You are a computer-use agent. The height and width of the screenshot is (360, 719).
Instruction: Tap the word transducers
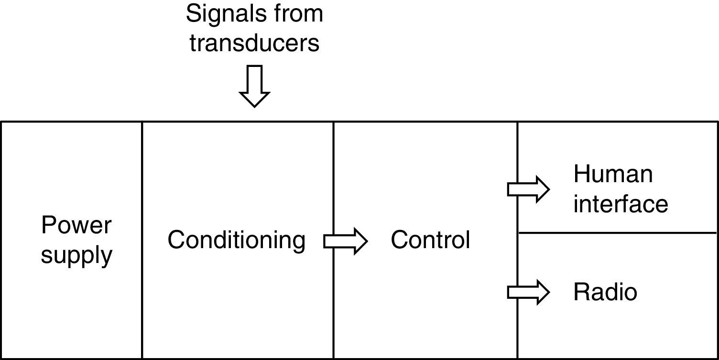(254, 43)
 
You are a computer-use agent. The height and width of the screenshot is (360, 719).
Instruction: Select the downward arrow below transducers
(254, 86)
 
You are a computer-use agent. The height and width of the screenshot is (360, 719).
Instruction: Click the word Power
(76, 225)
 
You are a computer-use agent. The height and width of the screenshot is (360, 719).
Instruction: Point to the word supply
(76, 255)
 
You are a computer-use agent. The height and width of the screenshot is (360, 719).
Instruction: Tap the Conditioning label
(236, 240)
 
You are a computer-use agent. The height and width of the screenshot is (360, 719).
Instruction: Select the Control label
(430, 240)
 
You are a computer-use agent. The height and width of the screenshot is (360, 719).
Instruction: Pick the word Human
(613, 174)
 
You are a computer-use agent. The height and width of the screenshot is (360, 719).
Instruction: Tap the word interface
(621, 204)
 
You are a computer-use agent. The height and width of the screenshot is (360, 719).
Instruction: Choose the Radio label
(605, 292)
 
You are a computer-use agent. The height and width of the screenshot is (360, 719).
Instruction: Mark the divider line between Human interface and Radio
(617, 233)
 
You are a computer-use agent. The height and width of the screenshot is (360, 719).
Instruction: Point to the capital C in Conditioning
(176, 240)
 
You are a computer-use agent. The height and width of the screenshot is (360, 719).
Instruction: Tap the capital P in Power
(48, 225)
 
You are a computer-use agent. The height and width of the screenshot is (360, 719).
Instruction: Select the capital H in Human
(582, 174)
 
